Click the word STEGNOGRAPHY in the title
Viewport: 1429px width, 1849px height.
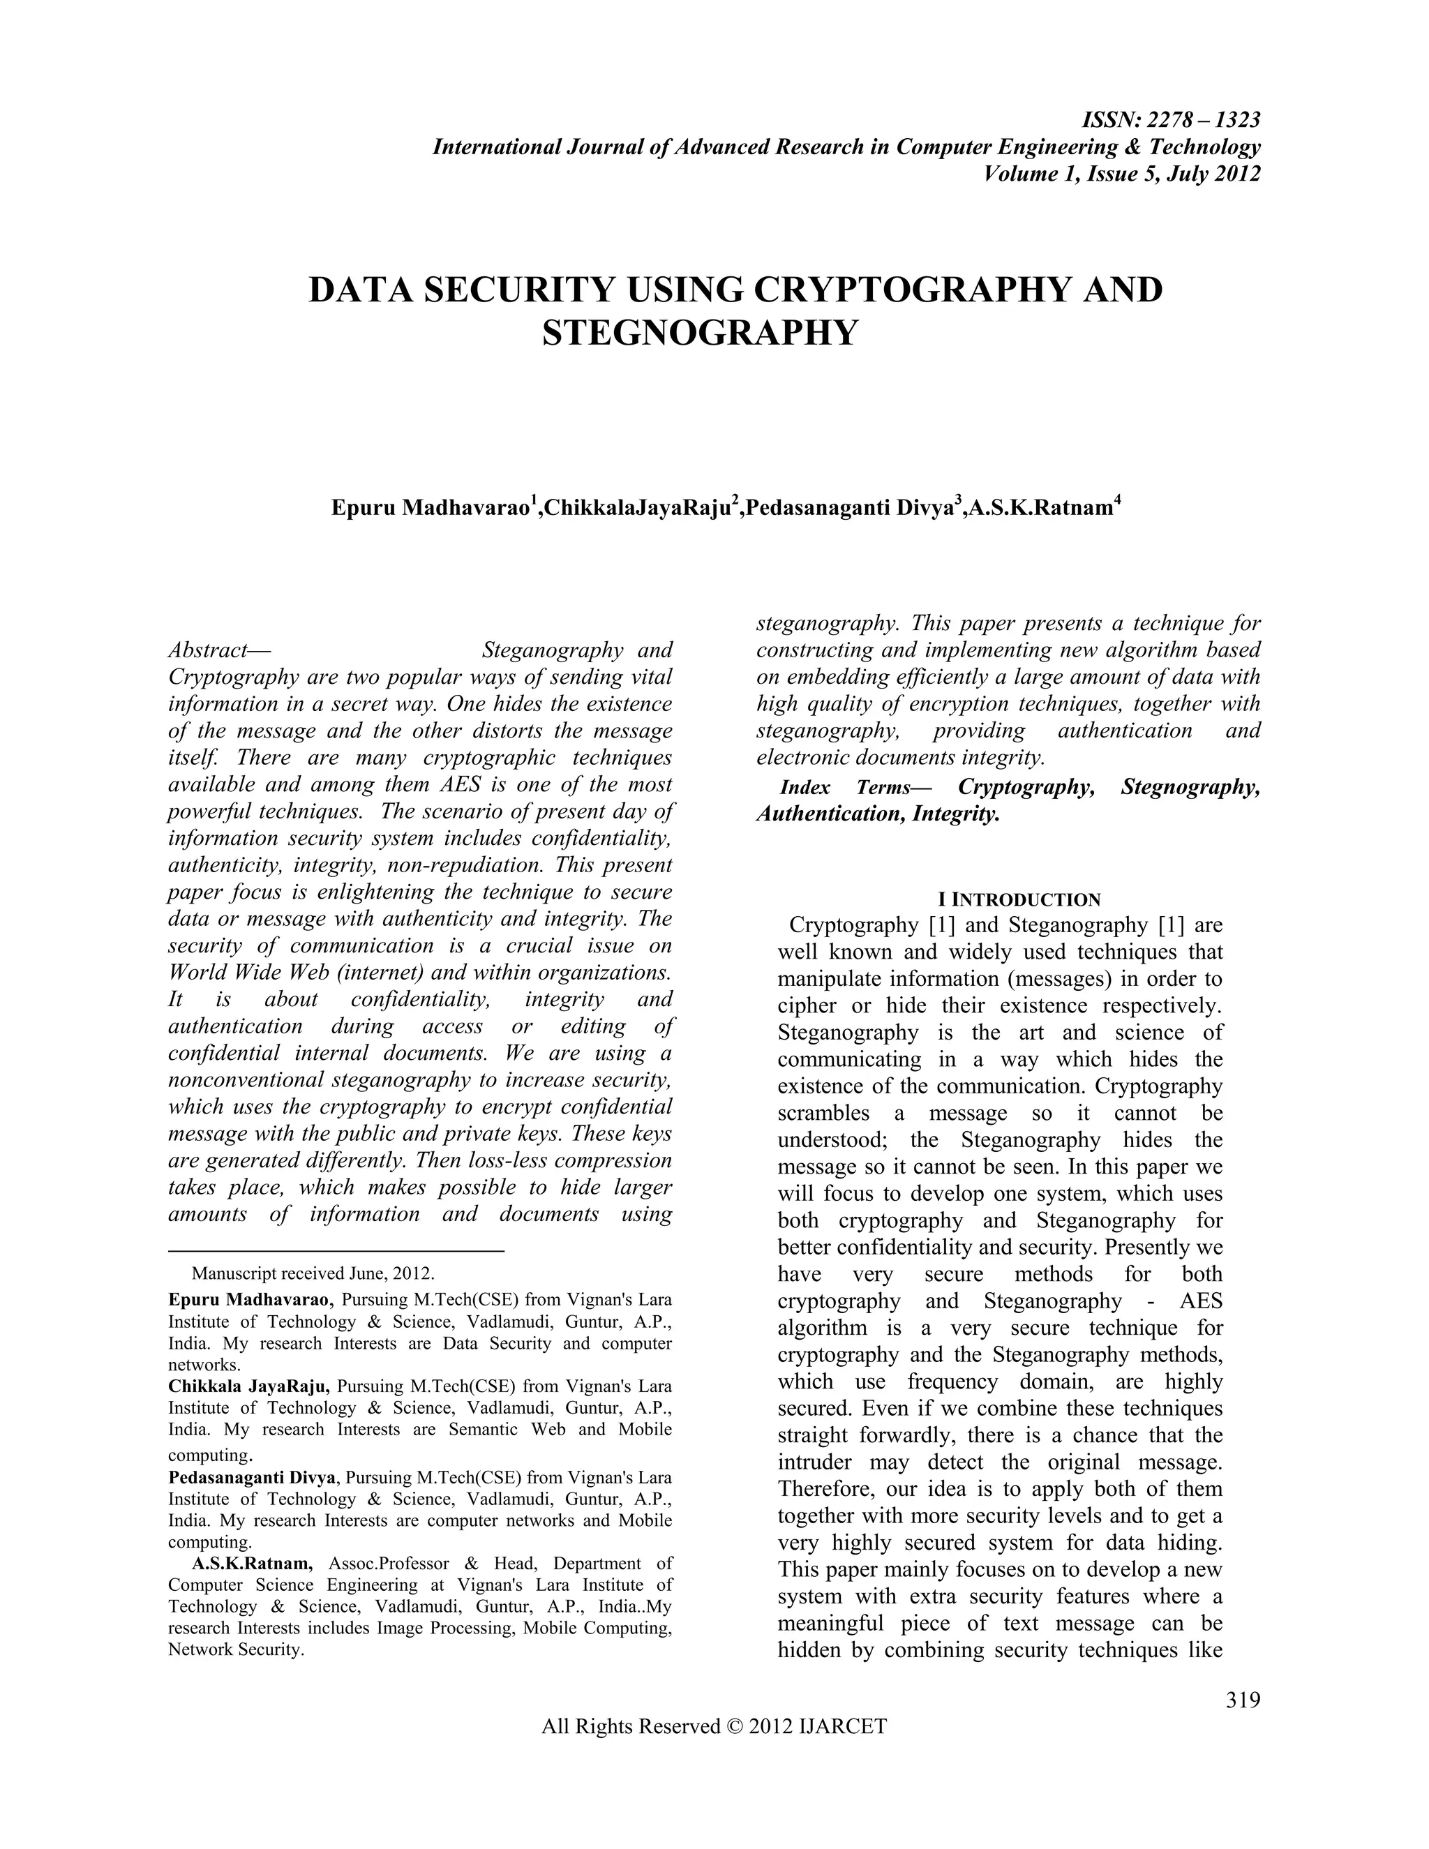coord(699,333)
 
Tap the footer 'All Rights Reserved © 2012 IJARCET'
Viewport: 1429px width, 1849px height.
coord(714,1726)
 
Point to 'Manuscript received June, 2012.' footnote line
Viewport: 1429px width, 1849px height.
coord(313,1273)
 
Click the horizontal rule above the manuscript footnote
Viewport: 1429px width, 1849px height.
coord(336,1250)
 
